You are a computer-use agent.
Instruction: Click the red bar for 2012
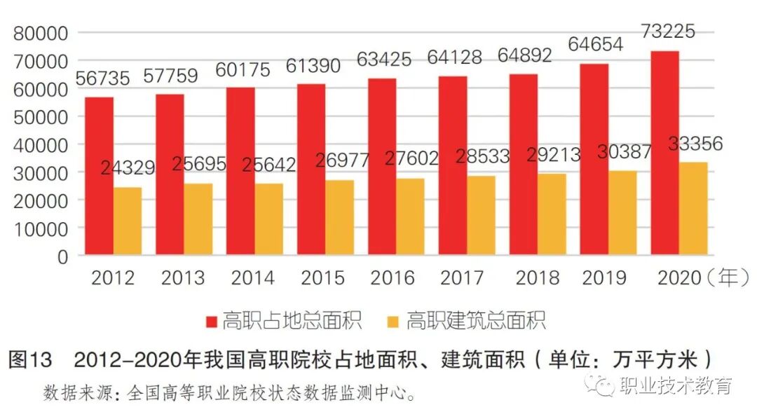pos(99,176)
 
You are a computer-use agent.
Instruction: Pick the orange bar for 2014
pos(269,219)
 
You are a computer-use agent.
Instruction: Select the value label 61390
pos(313,67)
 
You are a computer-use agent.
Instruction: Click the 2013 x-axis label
pos(183,278)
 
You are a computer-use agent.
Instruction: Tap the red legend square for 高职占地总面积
pos(212,322)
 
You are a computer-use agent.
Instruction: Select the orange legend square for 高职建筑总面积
pos(393,322)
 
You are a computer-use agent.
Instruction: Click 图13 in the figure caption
pos(30,360)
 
